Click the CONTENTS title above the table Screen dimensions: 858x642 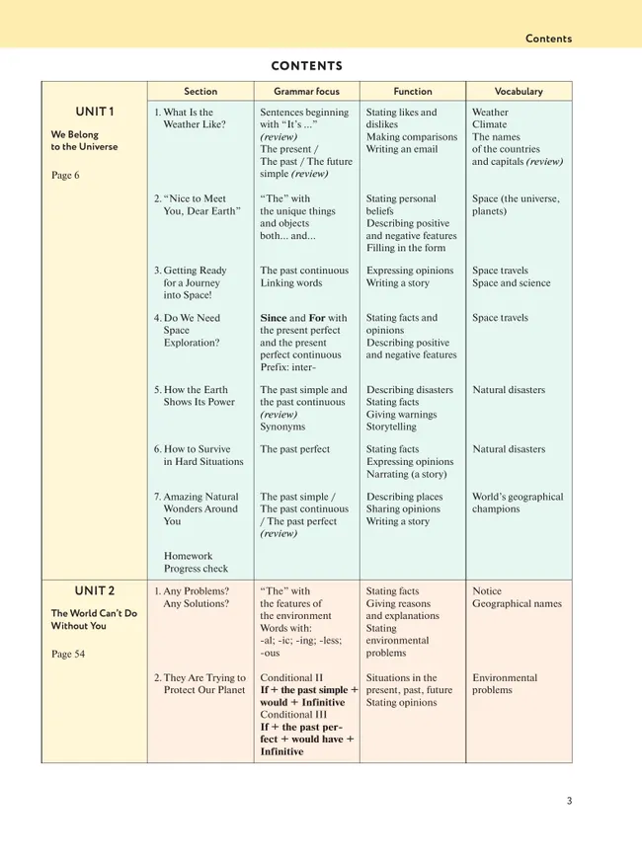(306, 66)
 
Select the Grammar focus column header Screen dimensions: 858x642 (306, 91)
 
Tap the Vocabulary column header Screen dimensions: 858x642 (519, 91)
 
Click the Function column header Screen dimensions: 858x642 (412, 91)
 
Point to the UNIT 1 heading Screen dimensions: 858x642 (95, 112)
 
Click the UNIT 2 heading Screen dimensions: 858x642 (95, 590)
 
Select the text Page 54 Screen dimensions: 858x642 (68, 654)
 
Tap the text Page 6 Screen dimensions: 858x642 (65, 175)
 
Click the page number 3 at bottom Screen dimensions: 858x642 (569, 801)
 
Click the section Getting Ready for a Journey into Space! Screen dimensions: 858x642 (192, 282)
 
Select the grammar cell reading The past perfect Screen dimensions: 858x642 (295, 449)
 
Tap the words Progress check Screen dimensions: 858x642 (196, 569)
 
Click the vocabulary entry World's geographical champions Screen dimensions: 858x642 (518, 504)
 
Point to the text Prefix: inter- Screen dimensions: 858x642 (288, 367)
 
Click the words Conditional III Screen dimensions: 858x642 (293, 714)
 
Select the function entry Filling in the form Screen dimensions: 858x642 (406, 248)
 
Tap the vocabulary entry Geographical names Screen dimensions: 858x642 (517, 603)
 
